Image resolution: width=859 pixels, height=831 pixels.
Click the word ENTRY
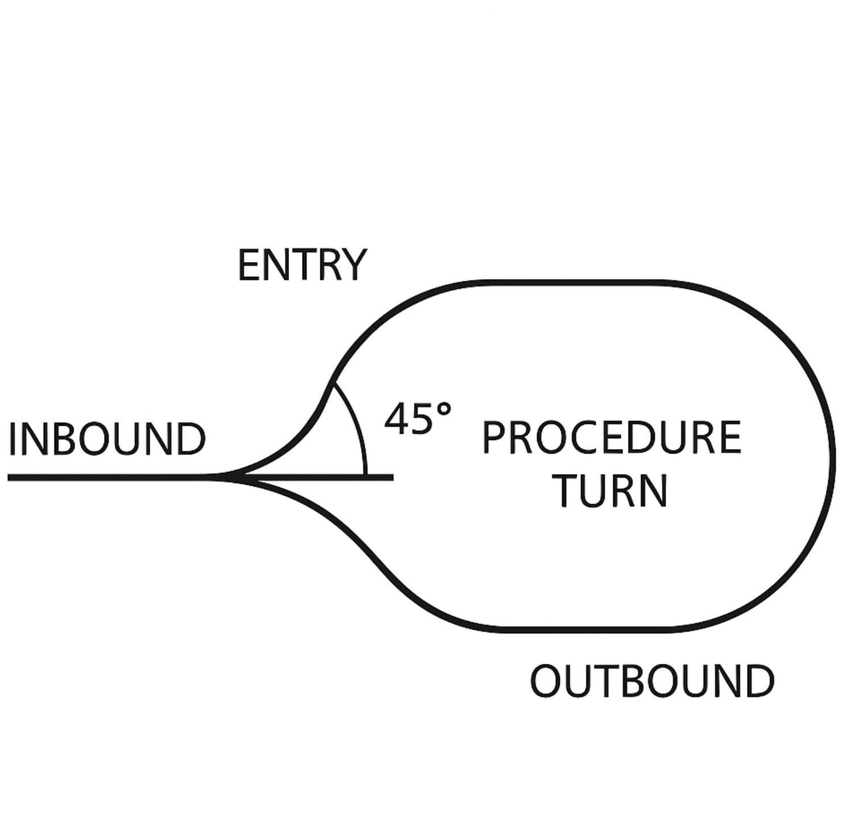(x=302, y=265)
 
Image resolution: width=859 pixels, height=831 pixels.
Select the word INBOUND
(x=107, y=439)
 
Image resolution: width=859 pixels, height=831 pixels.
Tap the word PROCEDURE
(x=612, y=438)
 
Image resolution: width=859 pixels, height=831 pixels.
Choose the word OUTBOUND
(x=652, y=681)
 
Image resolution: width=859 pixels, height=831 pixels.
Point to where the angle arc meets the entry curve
(x=332, y=384)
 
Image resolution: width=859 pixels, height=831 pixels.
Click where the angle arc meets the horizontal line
(x=365, y=476)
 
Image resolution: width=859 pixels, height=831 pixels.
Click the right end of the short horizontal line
(x=391, y=477)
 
